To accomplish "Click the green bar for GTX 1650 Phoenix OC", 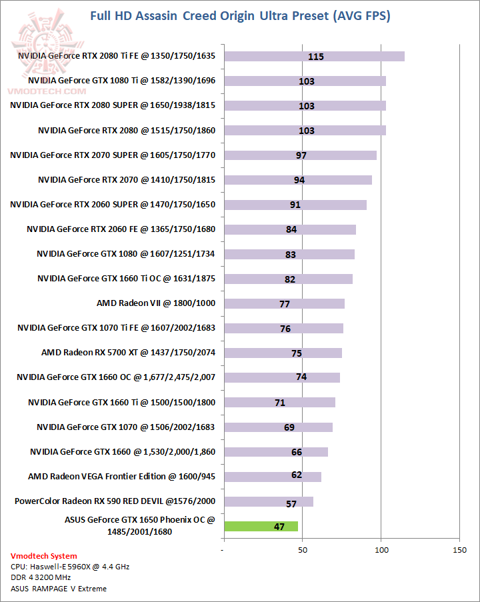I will (261, 526).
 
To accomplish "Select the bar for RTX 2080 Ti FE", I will (314, 56).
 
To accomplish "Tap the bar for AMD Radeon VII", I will (284, 303).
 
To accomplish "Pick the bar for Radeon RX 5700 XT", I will (283, 353).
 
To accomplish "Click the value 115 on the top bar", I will (316, 57).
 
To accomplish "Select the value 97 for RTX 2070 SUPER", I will (301, 155).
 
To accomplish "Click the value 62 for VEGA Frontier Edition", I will (297, 475).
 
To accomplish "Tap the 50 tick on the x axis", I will (303, 550).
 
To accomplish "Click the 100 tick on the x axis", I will (381, 550).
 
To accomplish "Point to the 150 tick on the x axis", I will (459, 550).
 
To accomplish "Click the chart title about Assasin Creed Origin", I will (239, 15).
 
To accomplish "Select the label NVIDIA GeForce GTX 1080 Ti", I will (117, 81).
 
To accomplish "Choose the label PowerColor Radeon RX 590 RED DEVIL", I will (115, 501).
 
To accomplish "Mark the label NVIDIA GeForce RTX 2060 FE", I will (121, 229).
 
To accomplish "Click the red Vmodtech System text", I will (43, 556).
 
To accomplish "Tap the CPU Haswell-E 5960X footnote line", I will (69, 567).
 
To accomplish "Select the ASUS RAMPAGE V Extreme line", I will (59, 588).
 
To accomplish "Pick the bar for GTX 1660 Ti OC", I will (288, 279).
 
